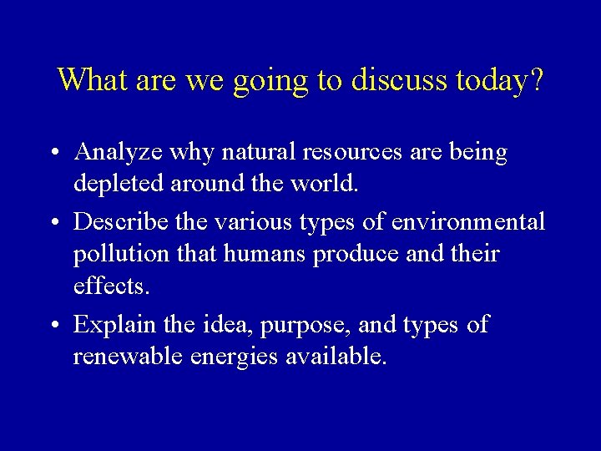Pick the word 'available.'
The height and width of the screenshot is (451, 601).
click(x=337, y=357)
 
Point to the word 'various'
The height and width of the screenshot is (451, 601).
click(x=253, y=222)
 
